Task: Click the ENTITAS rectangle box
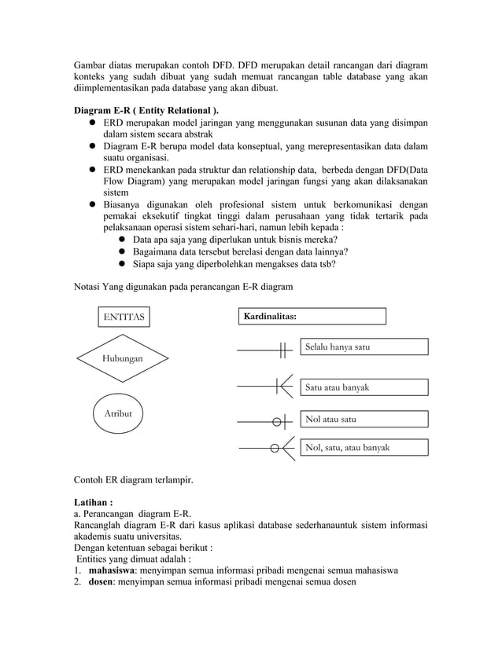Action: pyautogui.click(x=125, y=317)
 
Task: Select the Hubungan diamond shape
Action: pyautogui.click(x=122, y=357)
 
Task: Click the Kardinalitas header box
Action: pyautogui.click(x=312, y=316)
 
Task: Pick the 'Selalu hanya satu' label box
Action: pyautogui.click(x=364, y=346)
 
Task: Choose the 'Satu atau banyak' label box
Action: pyautogui.click(x=364, y=387)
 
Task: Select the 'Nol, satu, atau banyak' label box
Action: pyautogui.click(x=364, y=448)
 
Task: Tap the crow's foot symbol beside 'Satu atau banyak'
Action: pyautogui.click(x=285, y=386)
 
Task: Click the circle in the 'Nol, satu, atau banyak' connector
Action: pyautogui.click(x=274, y=449)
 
